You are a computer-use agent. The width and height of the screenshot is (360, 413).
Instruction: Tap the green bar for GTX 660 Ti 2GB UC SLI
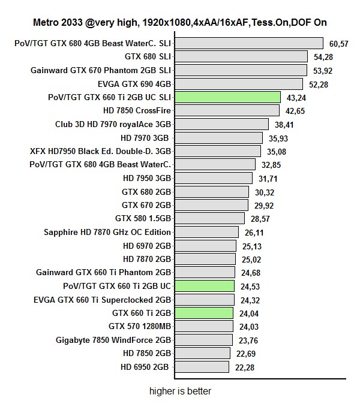coord(227,97)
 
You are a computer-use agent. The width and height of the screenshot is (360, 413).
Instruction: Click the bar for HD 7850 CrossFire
coord(227,110)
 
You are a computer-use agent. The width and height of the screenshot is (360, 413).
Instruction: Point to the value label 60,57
coord(339,43)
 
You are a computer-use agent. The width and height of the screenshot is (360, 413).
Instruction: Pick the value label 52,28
coord(318,84)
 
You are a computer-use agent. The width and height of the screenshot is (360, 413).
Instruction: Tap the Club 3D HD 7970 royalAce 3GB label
coord(113,124)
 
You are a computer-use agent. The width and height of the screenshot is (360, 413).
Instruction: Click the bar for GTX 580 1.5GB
coord(209,218)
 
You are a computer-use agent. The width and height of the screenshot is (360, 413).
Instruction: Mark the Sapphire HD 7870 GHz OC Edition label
coord(107,232)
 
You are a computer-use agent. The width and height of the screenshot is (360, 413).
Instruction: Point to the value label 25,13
coord(251,246)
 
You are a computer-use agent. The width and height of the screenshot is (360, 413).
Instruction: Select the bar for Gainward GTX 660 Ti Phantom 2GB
coord(205,272)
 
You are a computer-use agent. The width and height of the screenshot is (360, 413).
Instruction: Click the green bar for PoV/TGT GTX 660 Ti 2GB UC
coord(204,286)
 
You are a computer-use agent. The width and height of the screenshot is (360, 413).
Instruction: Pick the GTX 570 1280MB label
coord(140,326)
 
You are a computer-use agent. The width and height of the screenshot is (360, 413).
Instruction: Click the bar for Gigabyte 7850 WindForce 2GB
coord(203,340)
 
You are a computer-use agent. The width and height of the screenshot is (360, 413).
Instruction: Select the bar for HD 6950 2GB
coord(202,367)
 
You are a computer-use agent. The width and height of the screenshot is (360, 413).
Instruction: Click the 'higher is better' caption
coord(181,391)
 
